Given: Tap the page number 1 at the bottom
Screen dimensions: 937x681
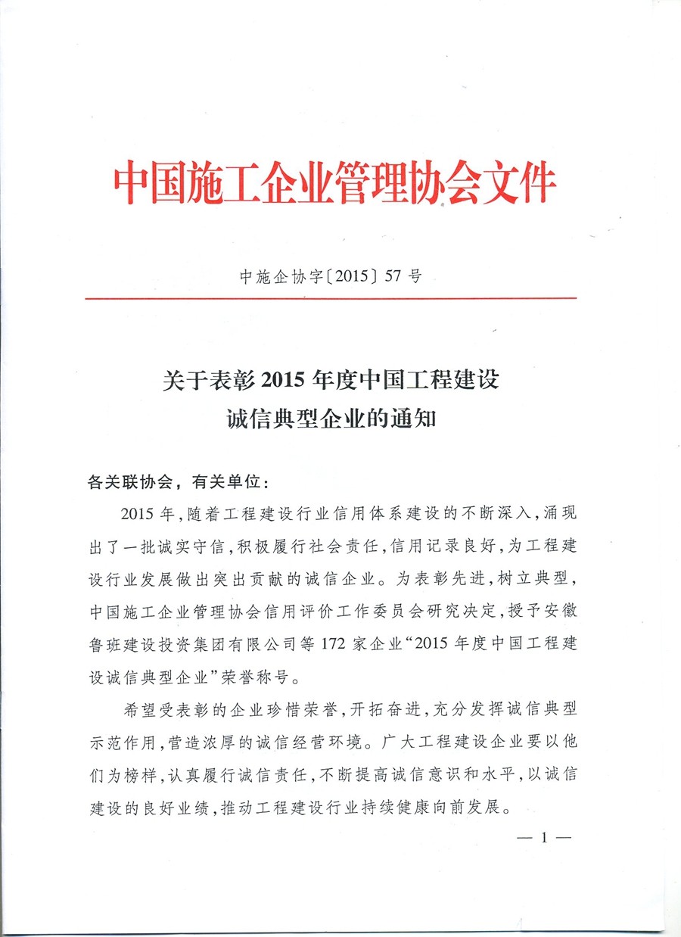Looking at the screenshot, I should tap(542, 838).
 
